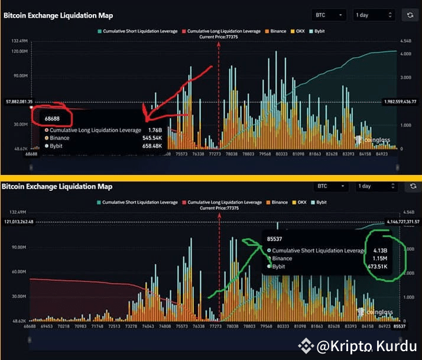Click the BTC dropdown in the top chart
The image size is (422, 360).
[x=329, y=15]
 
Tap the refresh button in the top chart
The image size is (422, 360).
[x=408, y=15]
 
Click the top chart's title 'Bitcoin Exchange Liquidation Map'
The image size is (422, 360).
[x=58, y=15]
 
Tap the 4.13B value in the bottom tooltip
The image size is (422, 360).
[x=379, y=250]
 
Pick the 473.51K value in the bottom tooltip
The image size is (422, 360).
[x=378, y=267]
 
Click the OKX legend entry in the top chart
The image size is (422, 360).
[x=300, y=31]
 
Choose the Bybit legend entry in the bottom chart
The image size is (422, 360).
[x=319, y=202]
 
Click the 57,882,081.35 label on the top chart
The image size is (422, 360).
[x=18, y=101]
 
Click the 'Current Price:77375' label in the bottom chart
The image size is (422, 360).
[x=221, y=208]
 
